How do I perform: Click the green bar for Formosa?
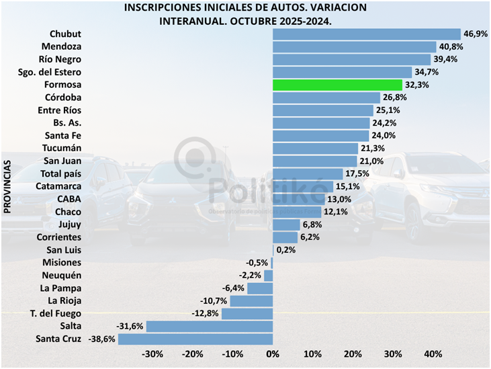point(337,85)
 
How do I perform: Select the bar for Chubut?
point(366,34)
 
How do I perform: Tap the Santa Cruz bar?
point(195,339)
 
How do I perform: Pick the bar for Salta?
point(210,326)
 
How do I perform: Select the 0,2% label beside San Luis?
point(285,250)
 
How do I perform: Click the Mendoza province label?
point(61,47)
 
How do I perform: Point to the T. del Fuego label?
point(56,313)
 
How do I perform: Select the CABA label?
point(69,200)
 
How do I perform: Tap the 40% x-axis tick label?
point(433,354)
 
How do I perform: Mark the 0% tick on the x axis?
point(273,354)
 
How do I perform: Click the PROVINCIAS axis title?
point(8,188)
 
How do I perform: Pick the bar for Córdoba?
point(326,98)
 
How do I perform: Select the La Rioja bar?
point(251,300)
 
